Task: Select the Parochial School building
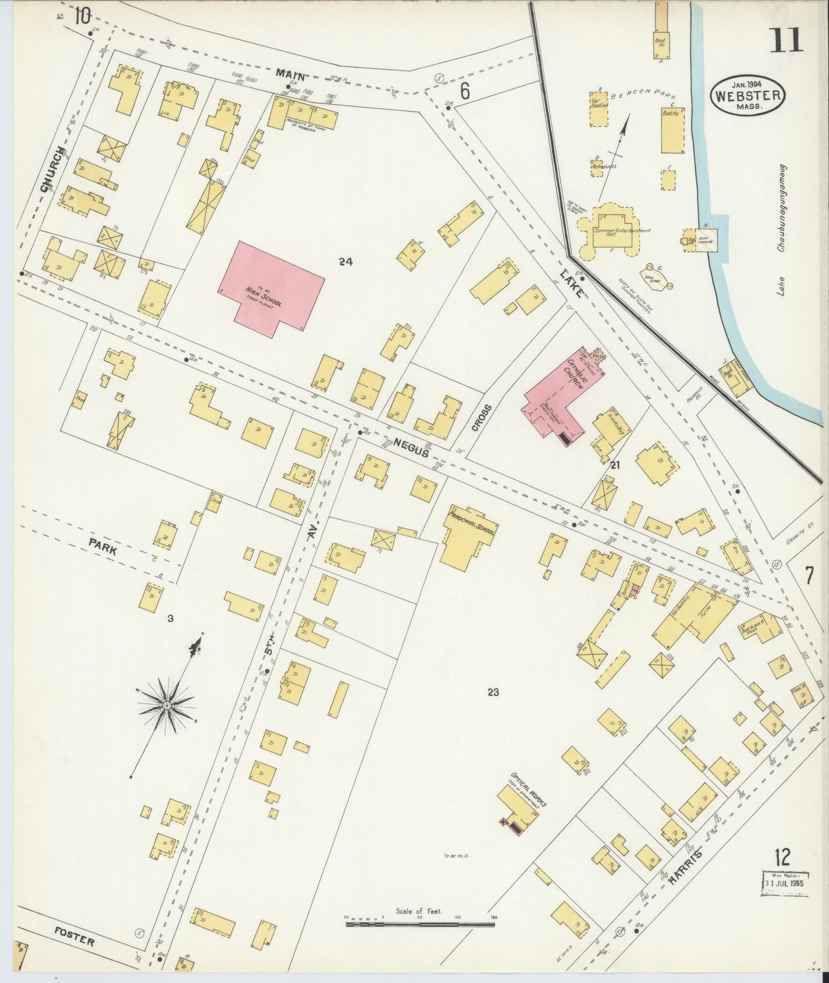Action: (467, 536)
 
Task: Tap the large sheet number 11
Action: (787, 40)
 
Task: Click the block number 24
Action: (345, 262)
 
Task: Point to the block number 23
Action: (493, 692)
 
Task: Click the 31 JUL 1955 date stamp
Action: (785, 899)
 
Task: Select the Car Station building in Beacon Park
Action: (598, 109)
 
